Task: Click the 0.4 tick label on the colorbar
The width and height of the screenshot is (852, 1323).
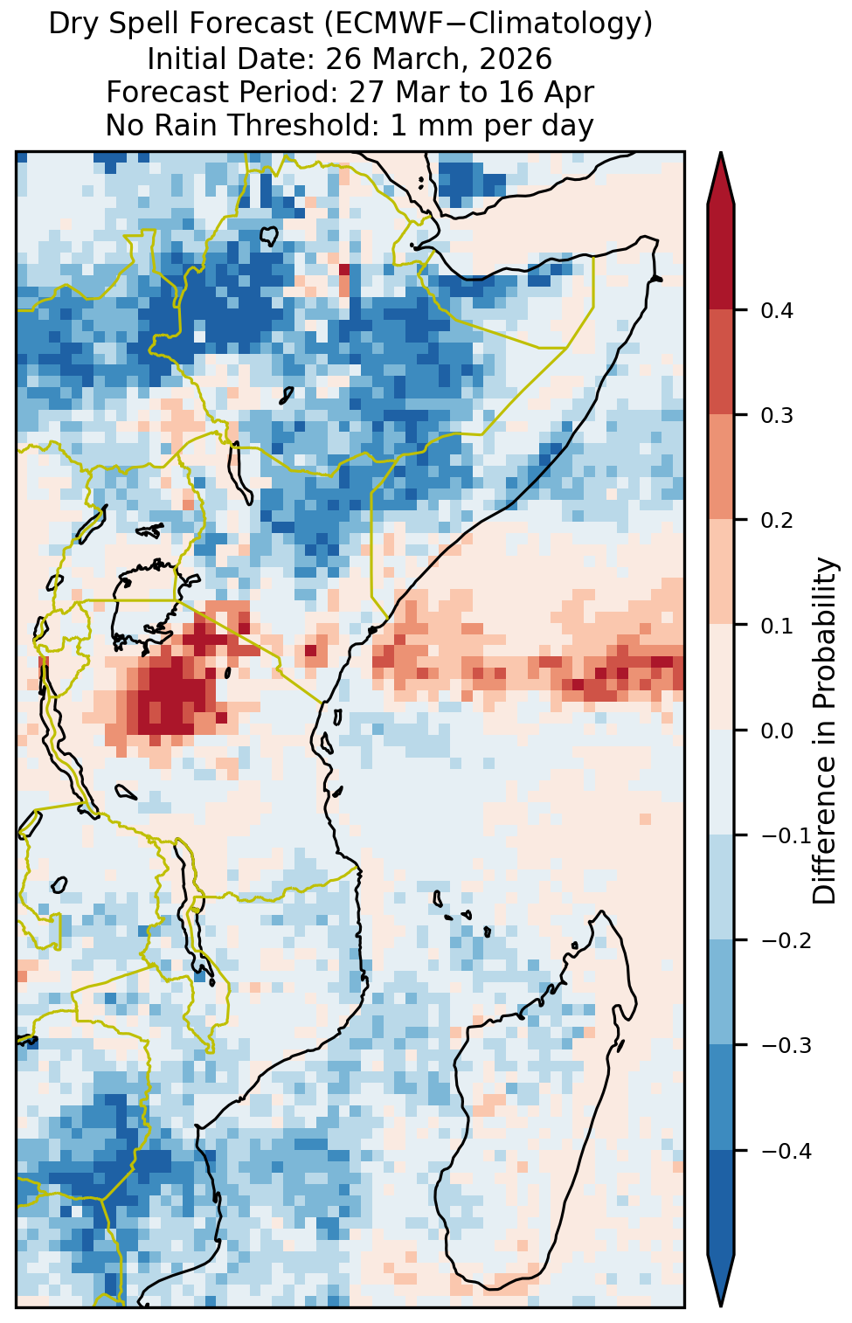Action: tap(777, 311)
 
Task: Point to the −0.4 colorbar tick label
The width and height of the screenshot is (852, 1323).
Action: tap(786, 1151)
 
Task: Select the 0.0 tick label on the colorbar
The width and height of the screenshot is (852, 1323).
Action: tap(777, 731)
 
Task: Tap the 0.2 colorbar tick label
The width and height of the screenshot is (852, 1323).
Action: tap(777, 521)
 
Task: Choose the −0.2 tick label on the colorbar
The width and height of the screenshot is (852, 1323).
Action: tap(786, 941)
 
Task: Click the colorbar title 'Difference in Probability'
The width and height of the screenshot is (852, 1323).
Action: tap(824, 730)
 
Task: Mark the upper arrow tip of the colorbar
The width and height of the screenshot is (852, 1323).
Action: tap(721, 152)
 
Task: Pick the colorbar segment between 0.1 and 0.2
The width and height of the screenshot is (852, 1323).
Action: tap(721, 572)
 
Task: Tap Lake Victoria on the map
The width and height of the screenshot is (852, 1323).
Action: tap(145, 608)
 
